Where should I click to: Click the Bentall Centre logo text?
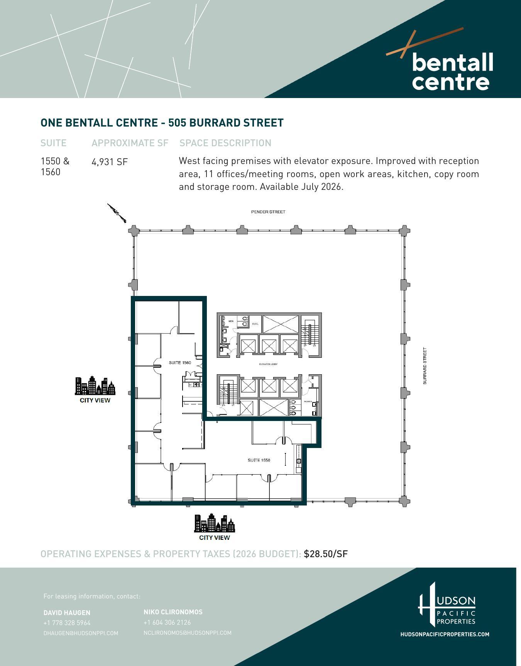[452, 72]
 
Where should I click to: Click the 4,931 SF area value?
[110, 162]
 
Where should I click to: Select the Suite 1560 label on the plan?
[180, 363]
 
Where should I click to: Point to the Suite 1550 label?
[259, 460]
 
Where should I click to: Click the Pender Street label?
[268, 212]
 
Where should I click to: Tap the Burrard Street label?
[425, 366]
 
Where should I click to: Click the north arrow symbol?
[117, 213]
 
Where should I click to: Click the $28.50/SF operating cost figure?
[326, 554]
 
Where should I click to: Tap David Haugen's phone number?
[67, 623]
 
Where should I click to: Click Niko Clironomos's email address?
[188, 633]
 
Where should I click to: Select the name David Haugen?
[67, 613]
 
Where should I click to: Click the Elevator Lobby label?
[268, 364]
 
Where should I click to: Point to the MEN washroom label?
[231, 321]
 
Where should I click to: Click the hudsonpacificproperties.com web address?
[445, 634]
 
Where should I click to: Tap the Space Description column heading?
[225, 143]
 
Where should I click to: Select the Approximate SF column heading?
[130, 143]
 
